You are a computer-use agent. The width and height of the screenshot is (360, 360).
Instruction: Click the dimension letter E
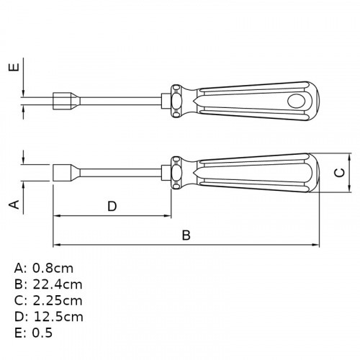(x=14, y=67)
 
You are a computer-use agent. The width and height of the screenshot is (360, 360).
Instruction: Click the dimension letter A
(x=14, y=204)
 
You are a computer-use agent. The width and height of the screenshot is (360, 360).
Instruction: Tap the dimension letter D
(x=112, y=206)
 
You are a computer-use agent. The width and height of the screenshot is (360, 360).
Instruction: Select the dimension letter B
(x=186, y=235)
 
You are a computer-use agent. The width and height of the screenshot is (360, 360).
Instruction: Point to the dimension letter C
(x=340, y=173)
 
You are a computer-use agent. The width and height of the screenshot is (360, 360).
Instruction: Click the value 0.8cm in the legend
(x=53, y=268)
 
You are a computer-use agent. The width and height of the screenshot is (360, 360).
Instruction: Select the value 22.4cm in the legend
(x=58, y=284)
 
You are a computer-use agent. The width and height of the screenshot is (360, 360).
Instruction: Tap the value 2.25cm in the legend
(x=58, y=300)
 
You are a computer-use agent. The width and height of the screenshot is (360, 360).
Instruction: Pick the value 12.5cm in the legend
(x=58, y=317)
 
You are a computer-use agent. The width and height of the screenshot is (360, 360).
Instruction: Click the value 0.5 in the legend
(x=42, y=333)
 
